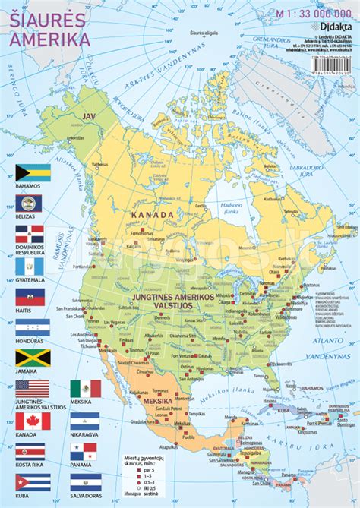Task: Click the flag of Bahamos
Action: point(33,172)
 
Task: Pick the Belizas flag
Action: point(33,203)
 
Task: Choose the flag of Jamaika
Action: point(33,357)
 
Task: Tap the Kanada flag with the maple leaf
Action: point(33,420)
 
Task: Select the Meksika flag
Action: point(86,389)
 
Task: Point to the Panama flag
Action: point(86,451)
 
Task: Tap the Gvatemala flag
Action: point(33,265)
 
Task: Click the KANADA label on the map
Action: point(152,215)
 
